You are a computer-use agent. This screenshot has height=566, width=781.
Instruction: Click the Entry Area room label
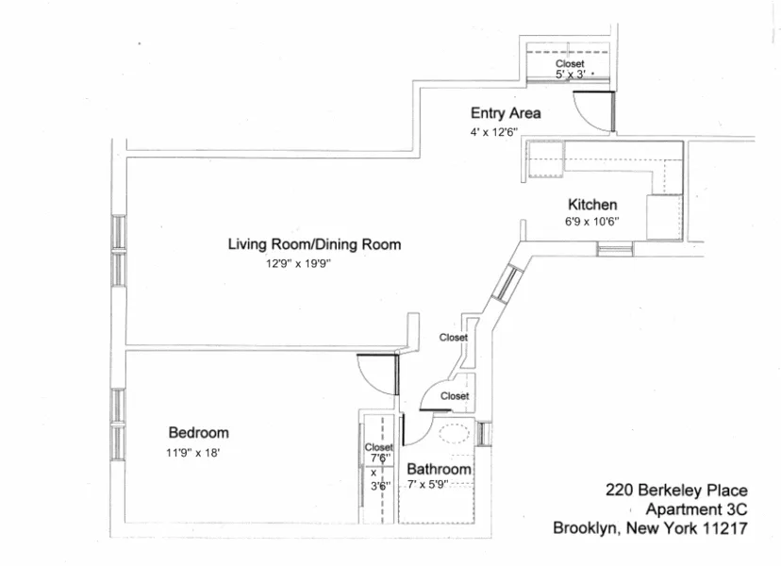(506, 114)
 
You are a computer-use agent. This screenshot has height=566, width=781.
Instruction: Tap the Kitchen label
(592, 205)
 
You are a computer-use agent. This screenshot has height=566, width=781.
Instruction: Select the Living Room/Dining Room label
(314, 245)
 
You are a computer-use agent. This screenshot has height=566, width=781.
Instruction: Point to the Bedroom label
(198, 433)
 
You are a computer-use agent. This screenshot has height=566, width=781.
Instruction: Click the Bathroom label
(439, 469)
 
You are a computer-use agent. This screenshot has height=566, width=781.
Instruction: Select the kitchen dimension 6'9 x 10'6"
(592, 222)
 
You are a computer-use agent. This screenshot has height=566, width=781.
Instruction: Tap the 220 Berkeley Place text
(676, 491)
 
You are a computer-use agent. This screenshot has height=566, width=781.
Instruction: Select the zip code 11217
(724, 528)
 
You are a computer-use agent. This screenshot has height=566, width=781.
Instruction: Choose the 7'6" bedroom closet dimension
(379, 458)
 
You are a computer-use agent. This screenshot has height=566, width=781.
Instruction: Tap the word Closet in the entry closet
(570, 63)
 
